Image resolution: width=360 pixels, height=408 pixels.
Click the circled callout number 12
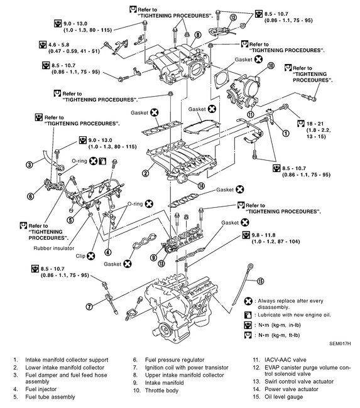coord(233,18)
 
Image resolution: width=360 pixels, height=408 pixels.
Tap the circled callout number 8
coord(198,35)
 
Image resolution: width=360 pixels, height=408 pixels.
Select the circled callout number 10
coord(271,65)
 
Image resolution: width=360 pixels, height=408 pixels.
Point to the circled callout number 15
coord(260,281)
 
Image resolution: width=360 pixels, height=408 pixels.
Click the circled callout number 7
coord(89,306)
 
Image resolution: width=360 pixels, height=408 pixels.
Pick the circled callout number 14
coord(201,186)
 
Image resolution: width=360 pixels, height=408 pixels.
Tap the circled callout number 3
coord(30,164)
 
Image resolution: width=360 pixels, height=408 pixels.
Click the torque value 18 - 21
coord(315,124)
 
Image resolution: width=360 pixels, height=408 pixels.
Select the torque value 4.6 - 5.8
coord(58,45)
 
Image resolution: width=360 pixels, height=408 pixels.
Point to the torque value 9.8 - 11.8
coord(263,235)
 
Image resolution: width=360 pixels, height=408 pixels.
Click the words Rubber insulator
coord(54,248)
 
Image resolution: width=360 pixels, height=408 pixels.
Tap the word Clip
coord(80,256)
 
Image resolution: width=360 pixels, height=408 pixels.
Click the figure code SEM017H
coord(340,343)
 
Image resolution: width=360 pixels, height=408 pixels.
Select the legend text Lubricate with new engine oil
coord(294,315)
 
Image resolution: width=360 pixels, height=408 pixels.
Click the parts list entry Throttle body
coord(161,390)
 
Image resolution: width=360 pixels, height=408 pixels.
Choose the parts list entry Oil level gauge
coord(284,397)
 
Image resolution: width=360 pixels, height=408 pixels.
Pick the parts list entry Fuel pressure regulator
coord(175,360)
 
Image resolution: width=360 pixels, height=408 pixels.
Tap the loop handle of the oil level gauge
coord(250,267)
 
